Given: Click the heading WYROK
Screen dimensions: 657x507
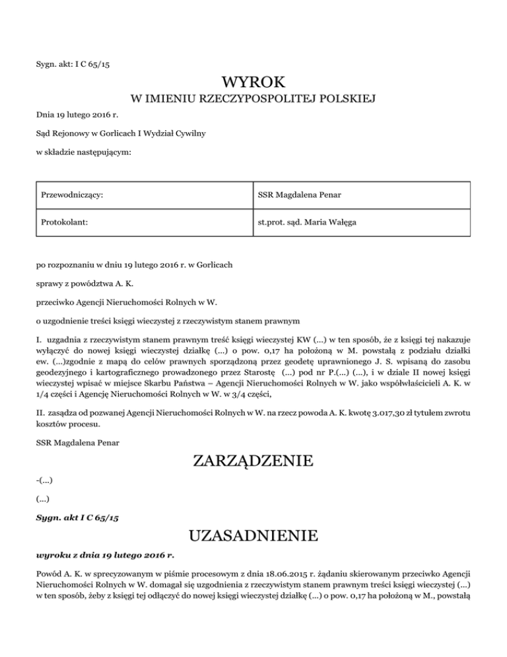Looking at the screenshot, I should [x=253, y=84].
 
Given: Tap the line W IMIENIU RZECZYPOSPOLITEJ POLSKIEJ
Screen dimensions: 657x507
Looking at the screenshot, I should [x=253, y=100].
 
